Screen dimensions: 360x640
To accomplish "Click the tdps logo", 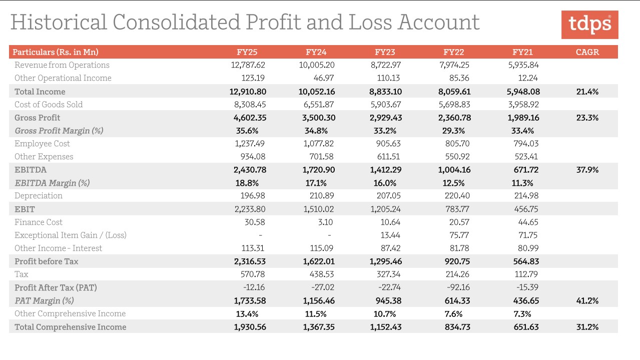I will tap(589, 24).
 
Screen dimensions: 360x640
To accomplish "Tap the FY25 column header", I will tap(247, 52).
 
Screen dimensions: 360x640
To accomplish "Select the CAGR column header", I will tap(587, 52).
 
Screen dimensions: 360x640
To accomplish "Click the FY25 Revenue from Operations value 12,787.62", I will tap(248, 65).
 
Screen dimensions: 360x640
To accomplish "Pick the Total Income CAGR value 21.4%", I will tap(587, 92).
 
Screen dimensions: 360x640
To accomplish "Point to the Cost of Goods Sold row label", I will tap(49, 105).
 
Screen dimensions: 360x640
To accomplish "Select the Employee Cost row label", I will tap(42, 144).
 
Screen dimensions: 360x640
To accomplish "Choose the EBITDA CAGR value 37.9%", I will tap(587, 170).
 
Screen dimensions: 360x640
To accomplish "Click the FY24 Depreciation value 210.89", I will tap(319, 196).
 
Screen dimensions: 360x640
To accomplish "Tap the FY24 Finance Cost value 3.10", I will tap(325, 222).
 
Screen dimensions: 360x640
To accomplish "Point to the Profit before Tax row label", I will tap(47, 261).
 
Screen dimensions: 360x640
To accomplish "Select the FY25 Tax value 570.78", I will tap(253, 274).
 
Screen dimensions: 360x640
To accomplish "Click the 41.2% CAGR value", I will tap(587, 301).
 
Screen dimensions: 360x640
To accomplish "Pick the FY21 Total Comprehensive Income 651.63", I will tap(525, 327).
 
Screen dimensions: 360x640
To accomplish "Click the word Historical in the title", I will tap(59, 23).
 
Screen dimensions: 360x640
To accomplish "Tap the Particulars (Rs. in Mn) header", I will tap(56, 52).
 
